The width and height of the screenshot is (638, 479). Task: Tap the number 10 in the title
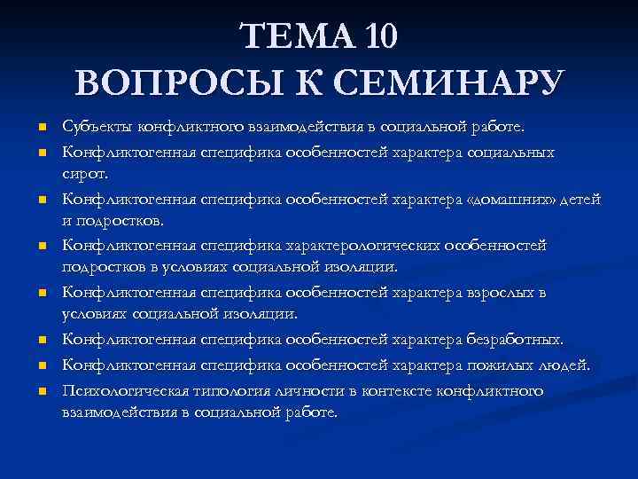coord(379,36)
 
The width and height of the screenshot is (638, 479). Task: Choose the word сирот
coord(82,177)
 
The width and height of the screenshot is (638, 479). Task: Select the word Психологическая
coord(120,390)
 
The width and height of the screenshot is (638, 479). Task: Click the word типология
coord(222,390)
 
